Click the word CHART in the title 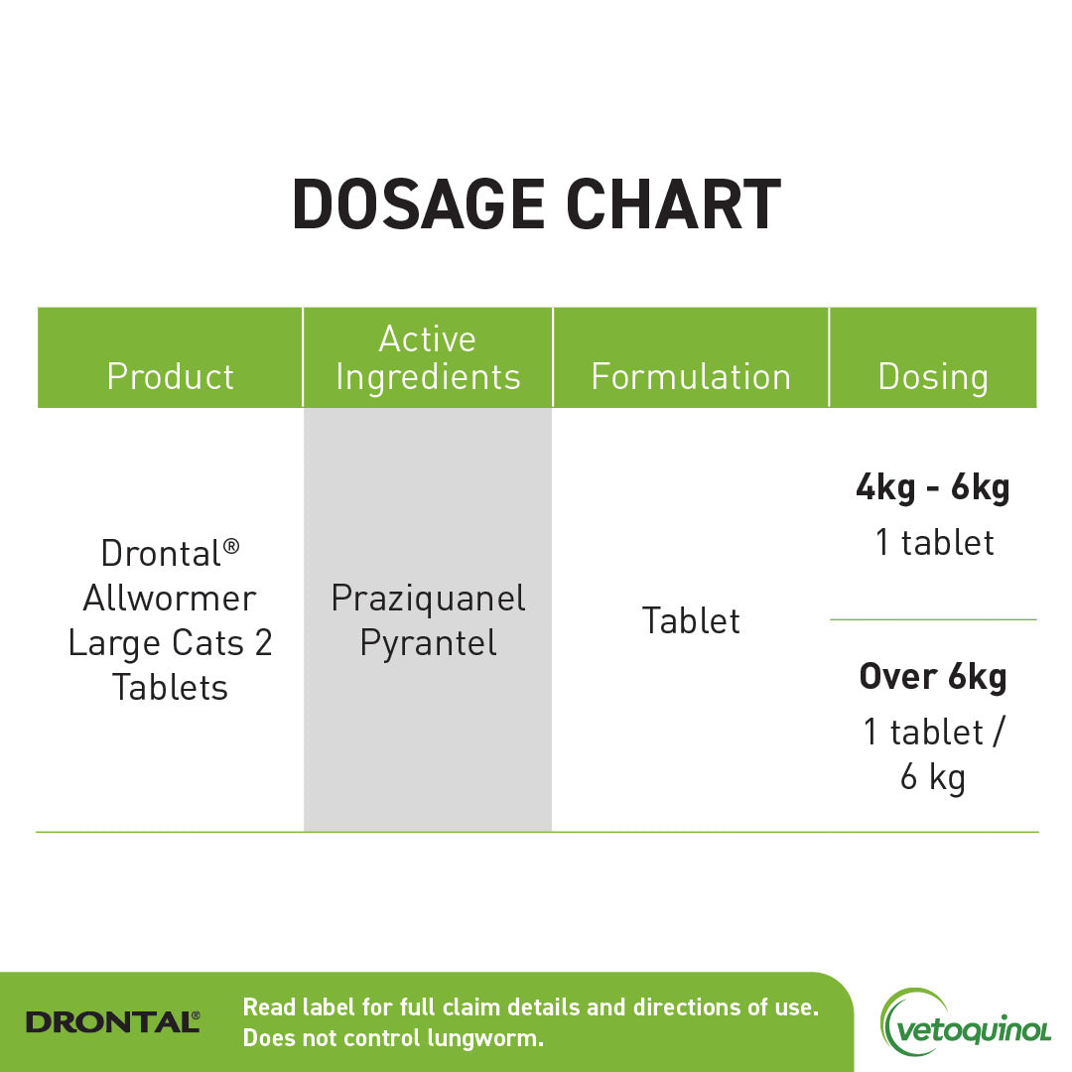pos(673,205)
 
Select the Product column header pos(170,376)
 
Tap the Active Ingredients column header pos(428,357)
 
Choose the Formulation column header pos(691,376)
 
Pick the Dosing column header pos(933,377)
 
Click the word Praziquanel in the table pos(428,598)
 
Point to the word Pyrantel pos(428,643)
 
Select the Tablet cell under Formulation pos(691,620)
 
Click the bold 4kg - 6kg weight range pos(933,488)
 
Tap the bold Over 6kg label pos(933,677)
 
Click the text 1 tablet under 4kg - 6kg pos(934,542)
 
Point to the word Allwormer pos(170,598)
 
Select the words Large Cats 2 pos(170,643)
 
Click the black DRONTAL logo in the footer pos(112,1021)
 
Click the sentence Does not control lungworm pos(393,1039)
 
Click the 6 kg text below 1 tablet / pos(933,777)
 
